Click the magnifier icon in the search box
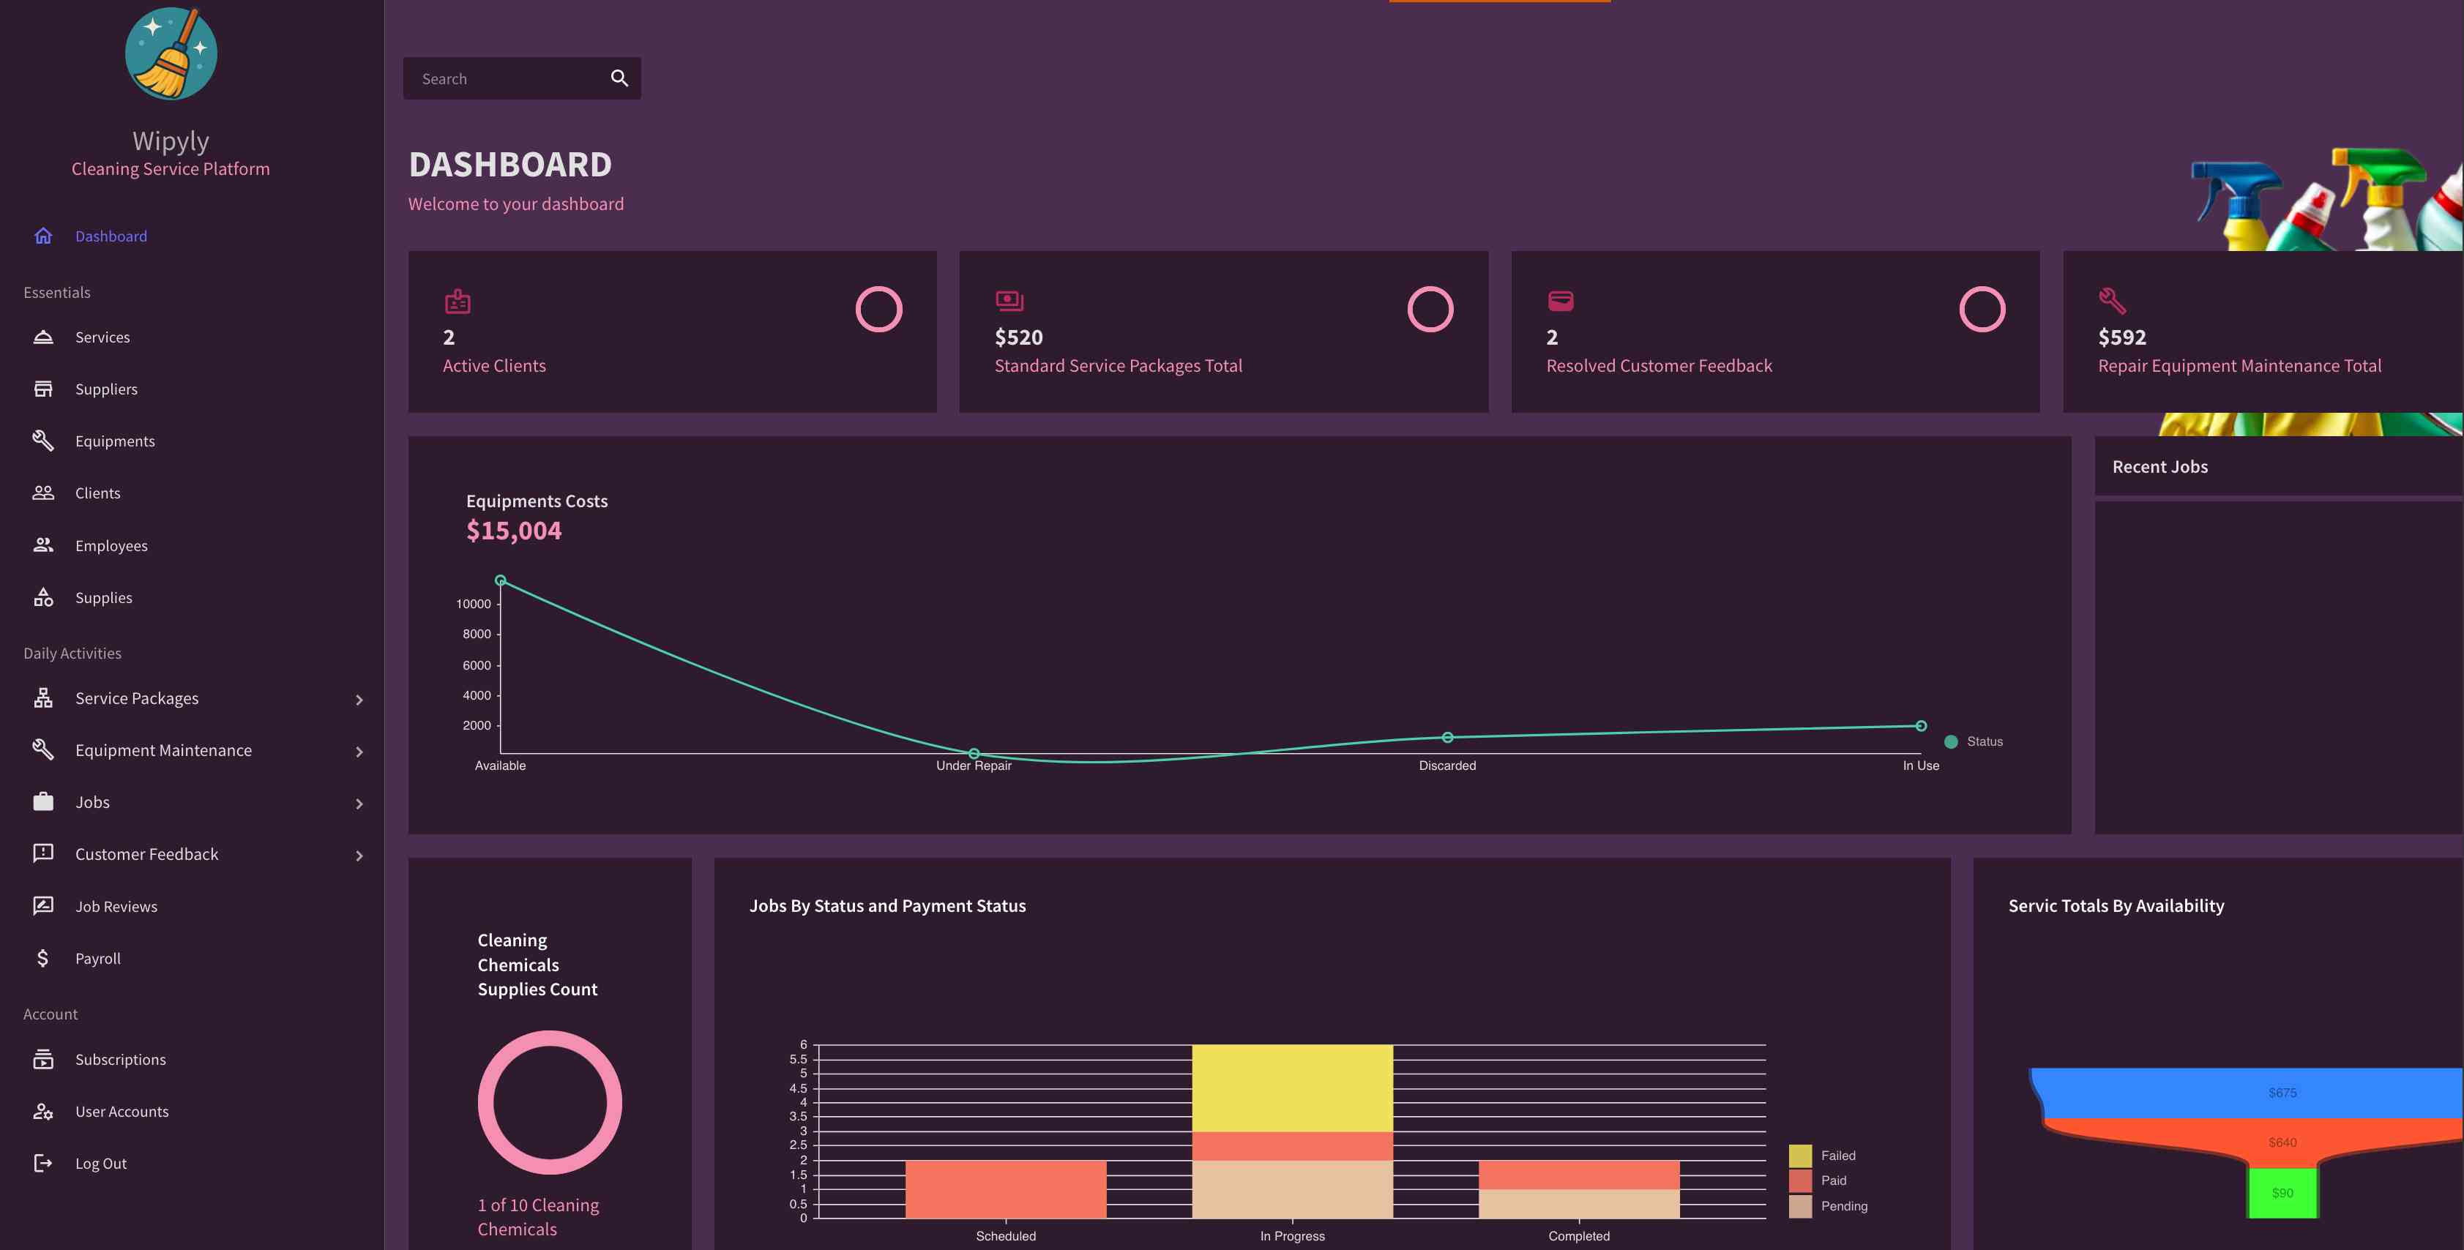[x=619, y=78]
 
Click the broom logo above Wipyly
[x=171, y=53]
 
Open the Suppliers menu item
[x=106, y=389]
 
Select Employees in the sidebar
[x=111, y=545]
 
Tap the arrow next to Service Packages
[x=359, y=700]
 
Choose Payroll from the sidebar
[x=97, y=958]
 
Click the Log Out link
[x=100, y=1163]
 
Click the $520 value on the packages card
[x=1018, y=337]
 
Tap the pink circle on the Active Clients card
[x=878, y=309]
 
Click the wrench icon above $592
[x=2111, y=302]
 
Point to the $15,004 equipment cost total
[x=514, y=531]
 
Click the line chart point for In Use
[x=1920, y=726]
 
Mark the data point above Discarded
[x=1447, y=738]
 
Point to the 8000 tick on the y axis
[x=477, y=634]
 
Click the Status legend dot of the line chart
[x=1950, y=742]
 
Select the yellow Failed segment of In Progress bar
[x=1291, y=1088]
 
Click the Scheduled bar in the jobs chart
[x=1005, y=1189]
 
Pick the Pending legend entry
[x=1843, y=1206]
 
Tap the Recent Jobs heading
[x=2159, y=467]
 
